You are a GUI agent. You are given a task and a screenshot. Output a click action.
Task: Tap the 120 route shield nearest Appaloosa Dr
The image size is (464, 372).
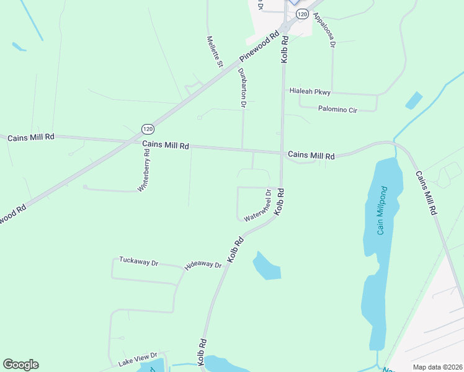pos(301,13)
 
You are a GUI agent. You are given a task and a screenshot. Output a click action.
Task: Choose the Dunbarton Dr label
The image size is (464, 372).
pos(243,88)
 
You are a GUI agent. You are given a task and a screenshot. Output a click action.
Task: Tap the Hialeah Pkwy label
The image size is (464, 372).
pos(310,92)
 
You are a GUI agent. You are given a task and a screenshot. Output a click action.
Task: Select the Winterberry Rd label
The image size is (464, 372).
pos(145,169)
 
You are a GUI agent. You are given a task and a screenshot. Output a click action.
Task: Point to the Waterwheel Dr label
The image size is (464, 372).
pos(259,206)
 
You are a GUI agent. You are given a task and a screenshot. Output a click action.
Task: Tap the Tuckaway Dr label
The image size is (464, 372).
pos(138,262)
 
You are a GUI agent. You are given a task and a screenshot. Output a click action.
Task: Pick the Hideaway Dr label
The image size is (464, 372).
pos(203,265)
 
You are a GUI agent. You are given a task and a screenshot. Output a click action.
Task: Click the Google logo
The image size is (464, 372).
pos(20,365)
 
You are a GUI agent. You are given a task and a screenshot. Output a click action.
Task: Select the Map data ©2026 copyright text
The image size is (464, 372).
pos(437,367)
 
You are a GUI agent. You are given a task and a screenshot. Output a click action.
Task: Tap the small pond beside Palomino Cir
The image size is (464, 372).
pos(413,100)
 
